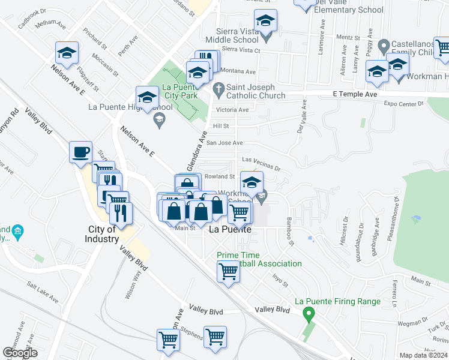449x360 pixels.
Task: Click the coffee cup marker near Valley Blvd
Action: pos(80,152)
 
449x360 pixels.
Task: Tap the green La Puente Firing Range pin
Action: pos(309,313)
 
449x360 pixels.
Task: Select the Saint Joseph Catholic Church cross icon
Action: pos(219,89)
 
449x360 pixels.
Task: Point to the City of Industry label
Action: pos(102,234)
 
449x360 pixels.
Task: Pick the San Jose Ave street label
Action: pos(224,143)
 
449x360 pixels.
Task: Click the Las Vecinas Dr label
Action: pos(261,160)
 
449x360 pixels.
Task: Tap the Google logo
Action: pos(20,353)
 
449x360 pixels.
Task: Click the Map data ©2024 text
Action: pos(424,355)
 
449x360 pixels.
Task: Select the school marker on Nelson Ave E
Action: pos(67,53)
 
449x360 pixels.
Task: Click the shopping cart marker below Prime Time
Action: pos(229,271)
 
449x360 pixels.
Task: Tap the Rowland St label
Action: pos(219,176)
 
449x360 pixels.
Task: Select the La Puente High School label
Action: pos(130,107)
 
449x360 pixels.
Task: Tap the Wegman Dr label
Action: pos(408,323)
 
